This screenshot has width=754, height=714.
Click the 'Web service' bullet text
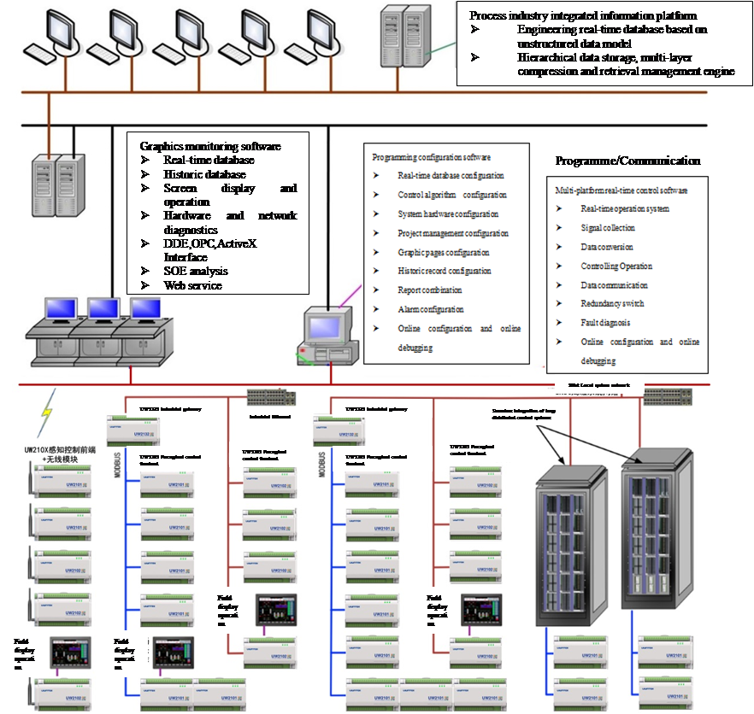(x=192, y=285)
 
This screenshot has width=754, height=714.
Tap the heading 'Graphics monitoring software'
(x=210, y=146)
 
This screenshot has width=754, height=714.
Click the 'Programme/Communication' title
(x=627, y=161)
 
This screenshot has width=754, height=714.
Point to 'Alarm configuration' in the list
(x=431, y=309)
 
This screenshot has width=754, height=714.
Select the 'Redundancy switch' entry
(x=612, y=303)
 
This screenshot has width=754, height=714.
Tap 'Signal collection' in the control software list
(x=608, y=227)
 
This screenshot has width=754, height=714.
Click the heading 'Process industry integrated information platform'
(x=583, y=15)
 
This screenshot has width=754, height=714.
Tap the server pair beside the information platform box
(x=405, y=35)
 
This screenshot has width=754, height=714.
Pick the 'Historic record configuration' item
(x=445, y=271)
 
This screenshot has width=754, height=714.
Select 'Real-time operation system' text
(x=625, y=208)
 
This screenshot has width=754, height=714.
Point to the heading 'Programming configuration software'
(x=431, y=157)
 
